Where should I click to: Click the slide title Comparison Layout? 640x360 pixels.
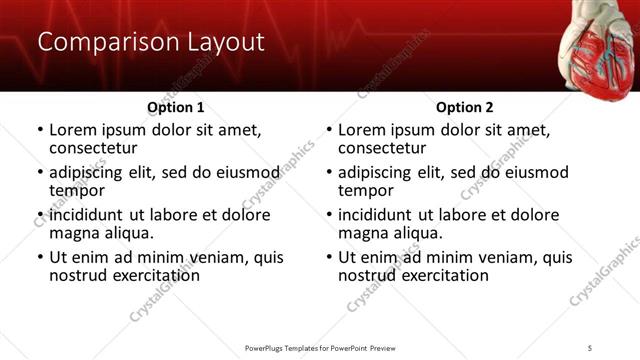pos(150,42)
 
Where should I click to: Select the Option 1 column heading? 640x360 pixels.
pos(176,107)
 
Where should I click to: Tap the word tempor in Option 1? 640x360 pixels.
pos(77,190)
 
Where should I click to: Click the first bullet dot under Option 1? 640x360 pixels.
pos(39,131)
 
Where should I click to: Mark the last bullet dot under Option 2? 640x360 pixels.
pos(328,258)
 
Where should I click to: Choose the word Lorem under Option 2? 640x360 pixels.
pos(362,130)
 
